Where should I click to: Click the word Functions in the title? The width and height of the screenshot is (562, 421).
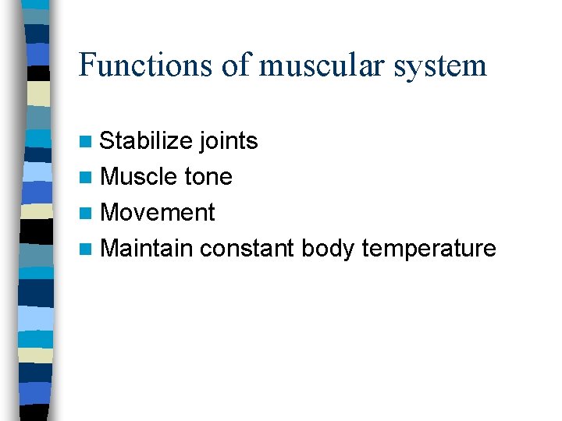coord(144,65)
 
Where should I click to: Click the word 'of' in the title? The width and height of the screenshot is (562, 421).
coord(235,65)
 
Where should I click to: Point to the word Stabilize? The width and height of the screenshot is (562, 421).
coord(146,141)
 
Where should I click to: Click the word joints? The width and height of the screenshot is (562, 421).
coord(228,141)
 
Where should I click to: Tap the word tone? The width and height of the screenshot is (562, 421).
coord(208,177)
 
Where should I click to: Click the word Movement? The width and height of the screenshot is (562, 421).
coord(158,212)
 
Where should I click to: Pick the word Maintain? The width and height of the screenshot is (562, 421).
coord(146,249)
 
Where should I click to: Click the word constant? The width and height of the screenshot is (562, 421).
coord(247,249)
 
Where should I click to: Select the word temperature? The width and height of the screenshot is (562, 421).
coord(429,249)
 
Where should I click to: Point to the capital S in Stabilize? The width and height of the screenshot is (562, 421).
coord(108,141)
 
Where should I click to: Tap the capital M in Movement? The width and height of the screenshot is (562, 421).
coord(110,212)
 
